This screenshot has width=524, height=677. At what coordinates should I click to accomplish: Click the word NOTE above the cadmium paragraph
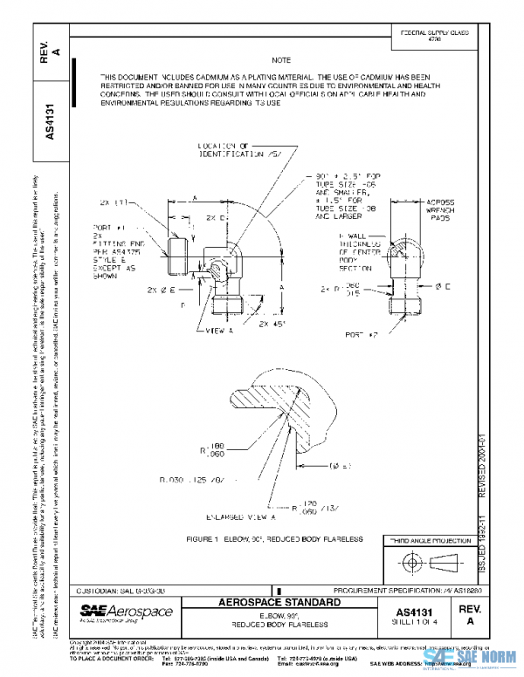coord(280,60)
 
